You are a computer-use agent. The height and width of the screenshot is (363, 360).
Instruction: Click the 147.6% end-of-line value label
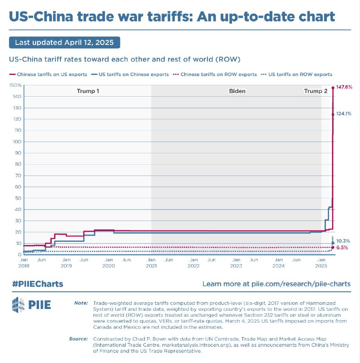(344, 87)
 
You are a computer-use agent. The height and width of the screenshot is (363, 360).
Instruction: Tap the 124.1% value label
(343, 113)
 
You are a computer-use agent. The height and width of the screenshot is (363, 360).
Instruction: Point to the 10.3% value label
(343, 241)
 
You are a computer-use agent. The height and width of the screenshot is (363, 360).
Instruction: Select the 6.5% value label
(342, 247)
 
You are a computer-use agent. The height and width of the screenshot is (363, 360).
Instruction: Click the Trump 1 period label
(88, 91)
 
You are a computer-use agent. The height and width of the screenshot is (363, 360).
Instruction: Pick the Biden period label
(237, 91)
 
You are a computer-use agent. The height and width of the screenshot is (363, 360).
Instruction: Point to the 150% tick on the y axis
(15, 85)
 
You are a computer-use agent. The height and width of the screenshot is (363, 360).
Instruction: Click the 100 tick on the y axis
(17, 142)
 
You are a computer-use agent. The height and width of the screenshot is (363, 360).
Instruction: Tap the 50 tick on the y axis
(18, 198)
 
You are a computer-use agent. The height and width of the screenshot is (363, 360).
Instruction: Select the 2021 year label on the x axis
(151, 265)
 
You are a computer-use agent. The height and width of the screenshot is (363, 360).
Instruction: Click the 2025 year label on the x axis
(321, 265)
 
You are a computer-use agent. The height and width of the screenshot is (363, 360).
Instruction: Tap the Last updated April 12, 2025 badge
(64, 43)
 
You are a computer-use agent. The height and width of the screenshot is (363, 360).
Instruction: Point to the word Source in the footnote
(79, 338)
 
